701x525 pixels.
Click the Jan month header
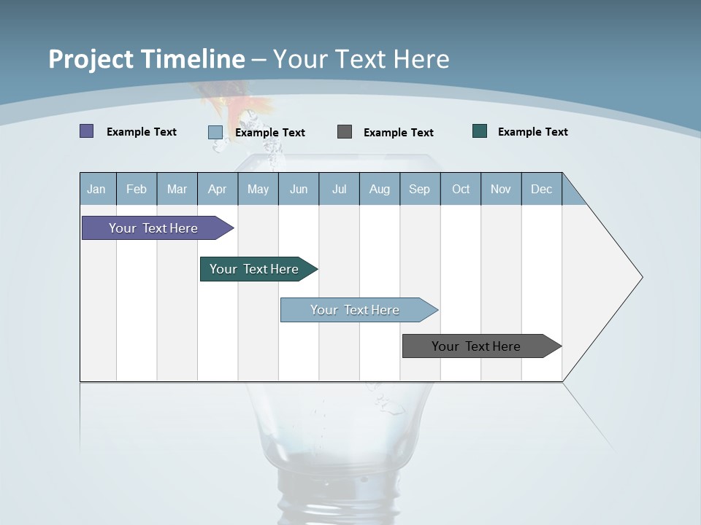[x=97, y=189]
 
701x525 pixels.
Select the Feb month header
[x=137, y=189]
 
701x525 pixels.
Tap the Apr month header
[x=218, y=189]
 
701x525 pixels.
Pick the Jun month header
[x=299, y=189]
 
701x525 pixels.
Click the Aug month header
[x=380, y=189]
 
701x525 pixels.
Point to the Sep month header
[x=420, y=189]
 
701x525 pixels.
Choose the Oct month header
[x=461, y=189]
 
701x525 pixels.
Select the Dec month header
[x=542, y=189]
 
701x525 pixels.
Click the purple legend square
[x=87, y=131]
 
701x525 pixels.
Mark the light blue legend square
[x=215, y=132]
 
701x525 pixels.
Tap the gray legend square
[x=345, y=131]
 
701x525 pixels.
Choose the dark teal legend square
[x=480, y=131]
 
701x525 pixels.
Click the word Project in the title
[x=91, y=59]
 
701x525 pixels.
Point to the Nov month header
[x=501, y=189]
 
